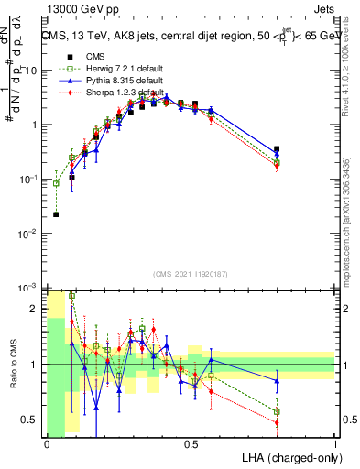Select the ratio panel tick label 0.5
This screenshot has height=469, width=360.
tap(32, 420)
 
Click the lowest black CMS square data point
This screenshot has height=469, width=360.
tap(57, 214)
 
